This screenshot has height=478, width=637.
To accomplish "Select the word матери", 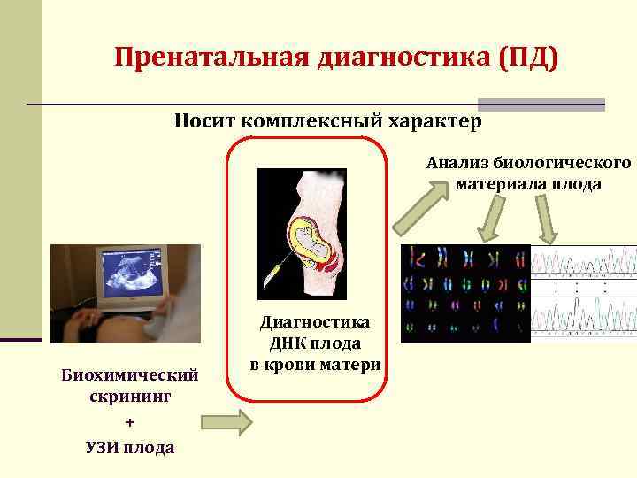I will click(x=354, y=364).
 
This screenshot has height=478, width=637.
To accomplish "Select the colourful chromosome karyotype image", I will click(x=465, y=293).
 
